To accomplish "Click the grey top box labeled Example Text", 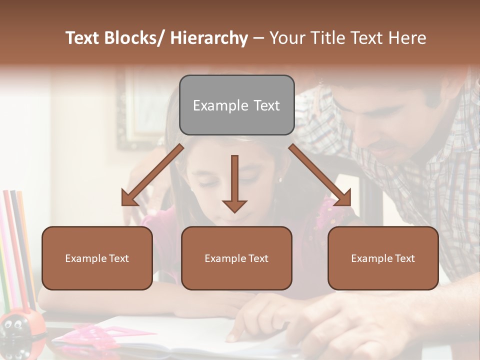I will pyautogui.click(x=236, y=105).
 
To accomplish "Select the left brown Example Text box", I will pyautogui.click(x=97, y=258).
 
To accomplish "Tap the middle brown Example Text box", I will pyautogui.click(x=236, y=258).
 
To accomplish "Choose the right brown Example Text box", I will pyautogui.click(x=383, y=258).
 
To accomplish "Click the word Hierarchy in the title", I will pyautogui.click(x=209, y=38).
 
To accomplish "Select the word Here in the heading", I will pyautogui.click(x=407, y=38).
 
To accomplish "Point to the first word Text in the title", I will pyautogui.click(x=83, y=38).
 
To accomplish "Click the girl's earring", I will pyautogui.click(x=279, y=179).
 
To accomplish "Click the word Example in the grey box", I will pyautogui.click(x=213, y=105).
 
